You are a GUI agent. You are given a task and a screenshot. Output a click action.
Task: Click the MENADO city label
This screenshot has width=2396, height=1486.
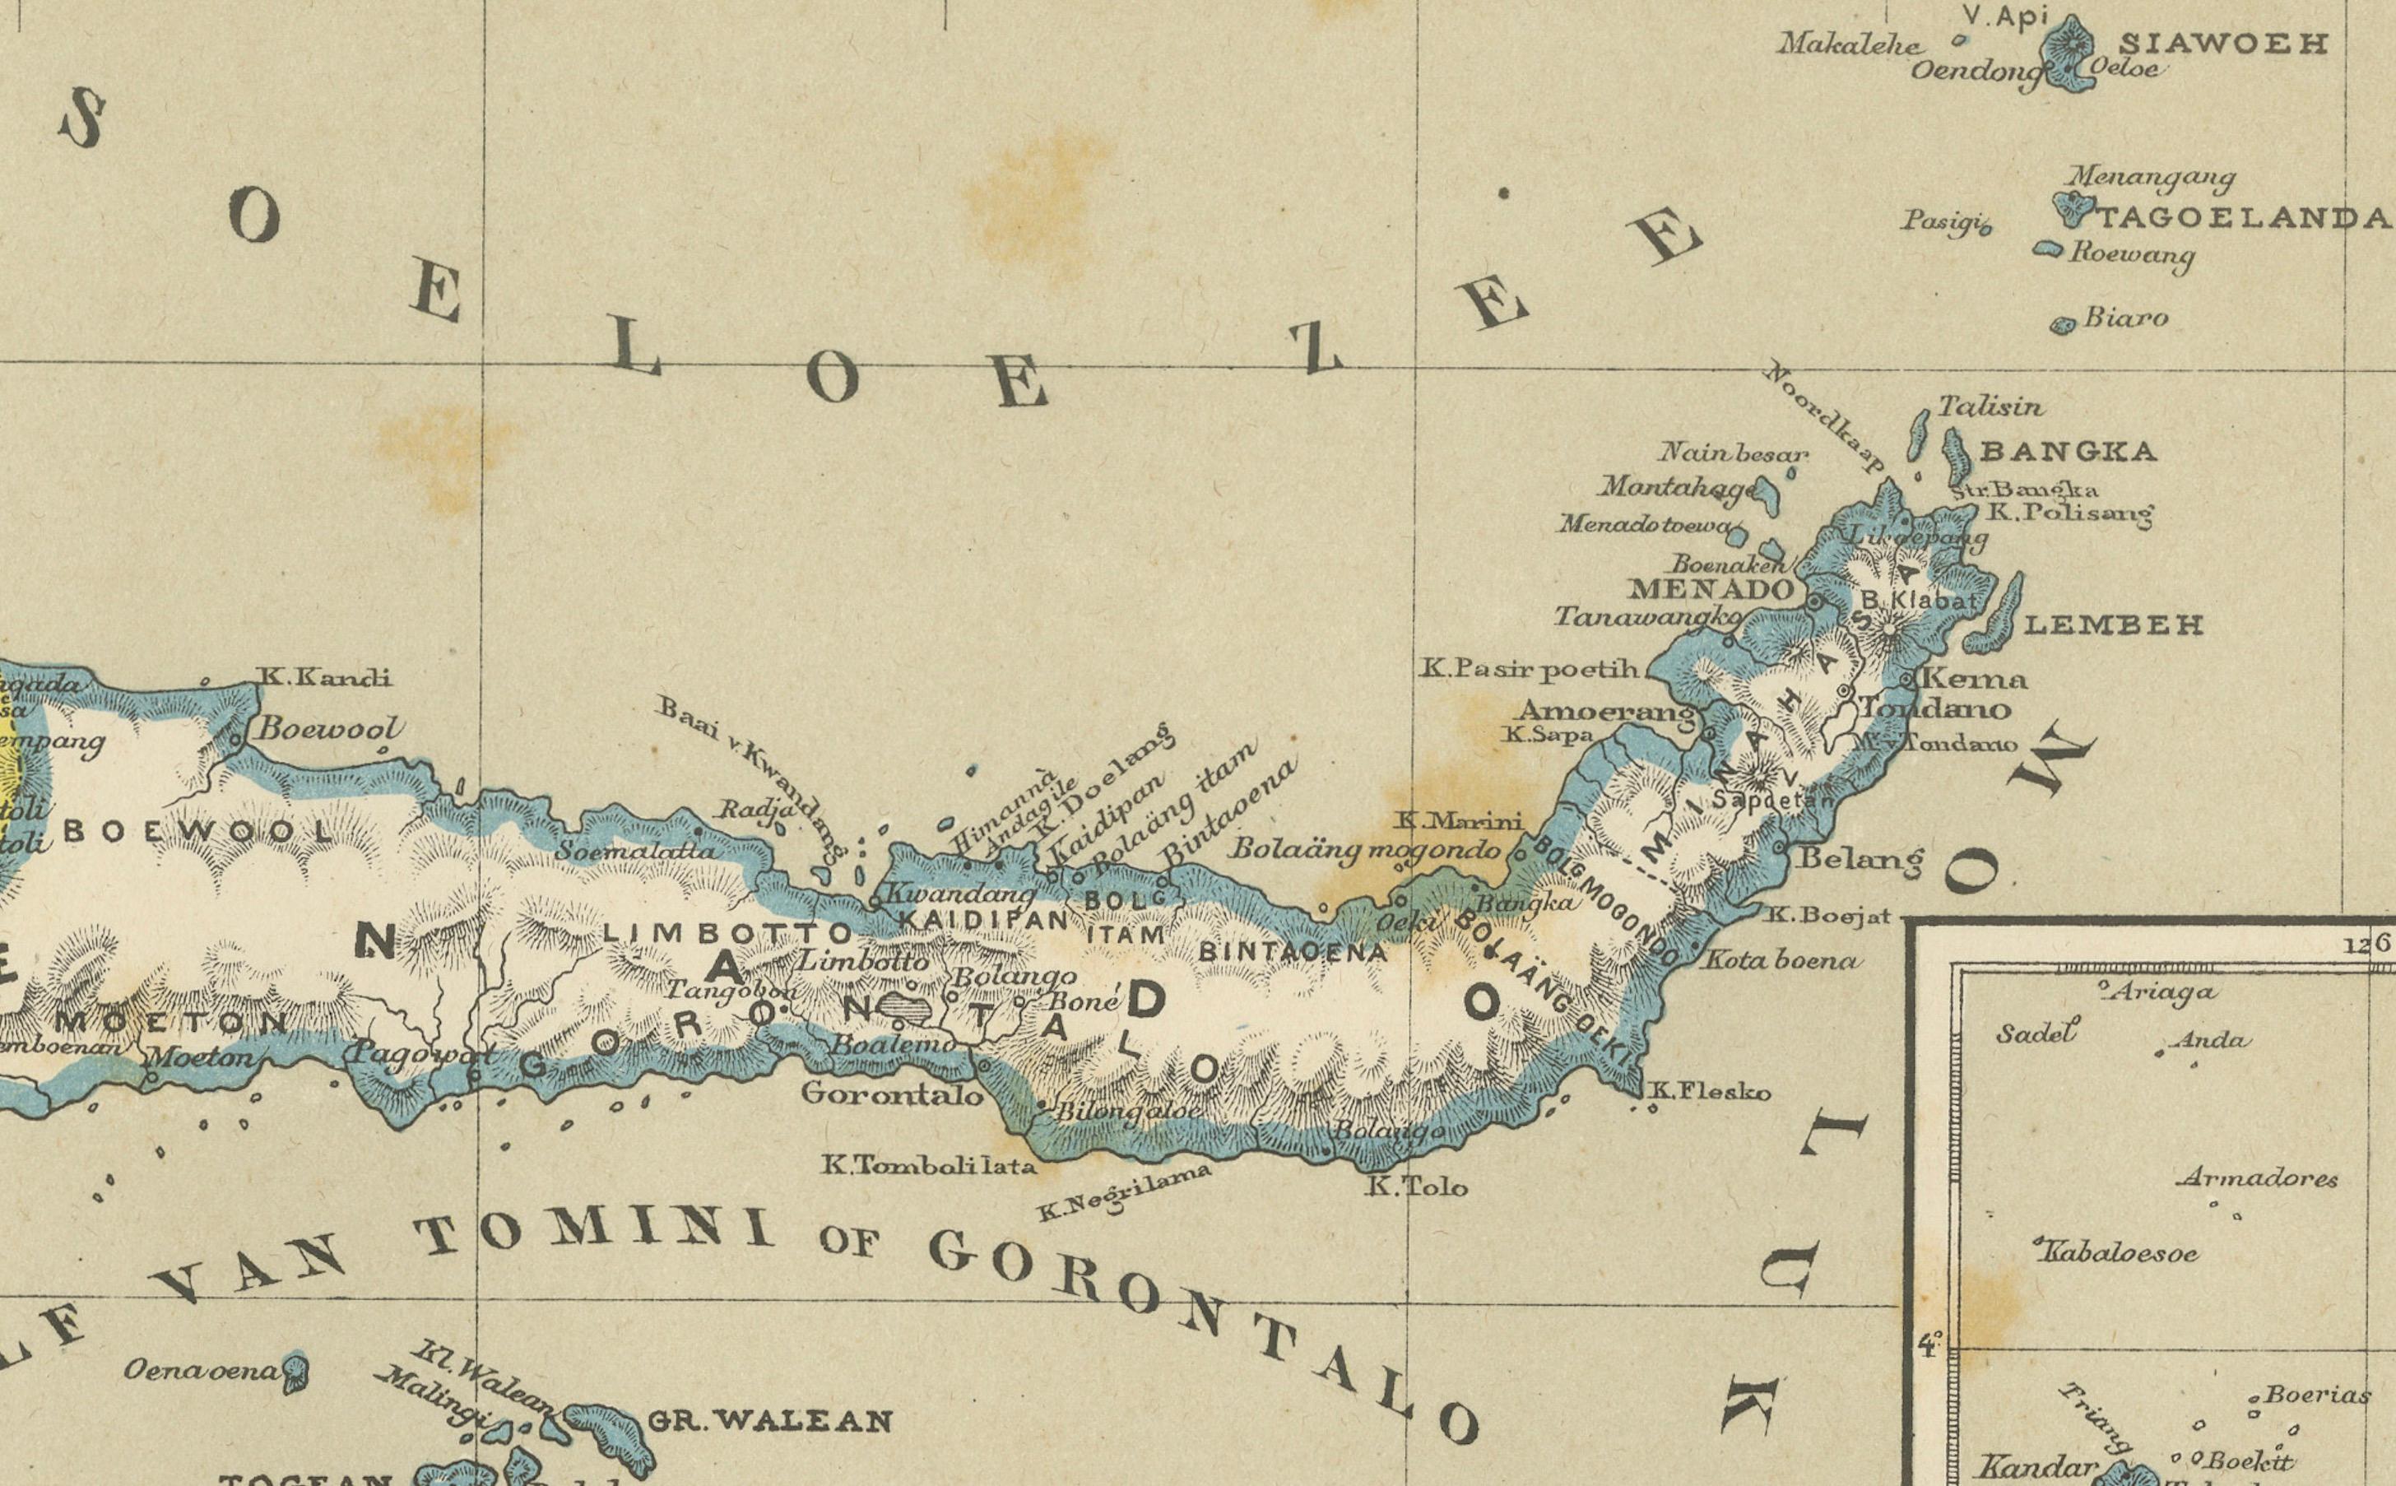point(1710,590)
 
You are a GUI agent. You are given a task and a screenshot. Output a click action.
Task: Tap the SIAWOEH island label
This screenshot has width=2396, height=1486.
point(2222,44)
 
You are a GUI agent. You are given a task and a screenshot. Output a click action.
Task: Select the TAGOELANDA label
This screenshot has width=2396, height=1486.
point(2245,218)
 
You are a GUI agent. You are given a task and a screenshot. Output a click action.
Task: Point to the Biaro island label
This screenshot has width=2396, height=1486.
point(2126,318)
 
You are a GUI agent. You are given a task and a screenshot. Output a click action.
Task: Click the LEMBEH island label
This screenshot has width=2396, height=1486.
point(2113,625)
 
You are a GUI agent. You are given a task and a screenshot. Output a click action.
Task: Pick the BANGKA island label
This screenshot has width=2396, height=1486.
point(2068,452)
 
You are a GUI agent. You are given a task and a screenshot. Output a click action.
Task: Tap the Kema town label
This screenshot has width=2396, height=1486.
point(1973,678)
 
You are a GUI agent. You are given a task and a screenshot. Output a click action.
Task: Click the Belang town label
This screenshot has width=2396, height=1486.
point(1860,859)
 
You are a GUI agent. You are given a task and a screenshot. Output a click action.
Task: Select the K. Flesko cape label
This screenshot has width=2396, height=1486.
point(1710,1091)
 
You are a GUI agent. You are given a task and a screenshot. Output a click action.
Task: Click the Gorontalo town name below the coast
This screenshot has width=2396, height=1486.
point(891,1093)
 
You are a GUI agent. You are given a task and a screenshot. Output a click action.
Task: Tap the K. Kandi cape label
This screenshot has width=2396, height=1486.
point(324,677)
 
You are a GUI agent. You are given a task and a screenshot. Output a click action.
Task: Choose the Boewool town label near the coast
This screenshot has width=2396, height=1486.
point(329,729)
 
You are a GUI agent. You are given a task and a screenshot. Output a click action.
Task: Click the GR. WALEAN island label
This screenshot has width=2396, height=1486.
point(770,1421)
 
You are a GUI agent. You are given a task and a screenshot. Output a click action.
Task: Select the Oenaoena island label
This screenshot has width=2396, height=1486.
point(202,1370)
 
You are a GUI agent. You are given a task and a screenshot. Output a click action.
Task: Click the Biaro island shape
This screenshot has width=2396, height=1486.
point(2063,325)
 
